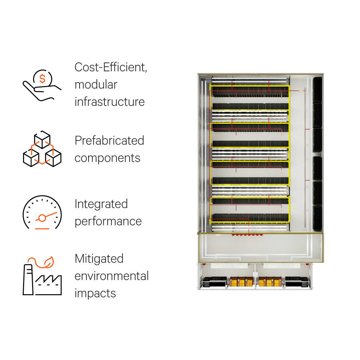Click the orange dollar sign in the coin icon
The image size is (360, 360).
click(x=42, y=79)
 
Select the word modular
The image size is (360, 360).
click(x=96, y=85)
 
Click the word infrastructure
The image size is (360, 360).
click(x=109, y=102)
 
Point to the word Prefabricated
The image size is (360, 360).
click(x=109, y=140)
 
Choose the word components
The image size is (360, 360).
click(x=107, y=158)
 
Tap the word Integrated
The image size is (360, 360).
click(x=101, y=204)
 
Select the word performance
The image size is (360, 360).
click(x=108, y=221)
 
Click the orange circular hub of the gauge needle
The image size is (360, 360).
click(x=42, y=218)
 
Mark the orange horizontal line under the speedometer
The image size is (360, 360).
click(x=42, y=228)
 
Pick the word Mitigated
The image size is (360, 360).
click(x=99, y=258)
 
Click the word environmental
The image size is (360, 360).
click(x=112, y=276)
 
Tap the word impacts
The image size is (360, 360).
click(x=95, y=293)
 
